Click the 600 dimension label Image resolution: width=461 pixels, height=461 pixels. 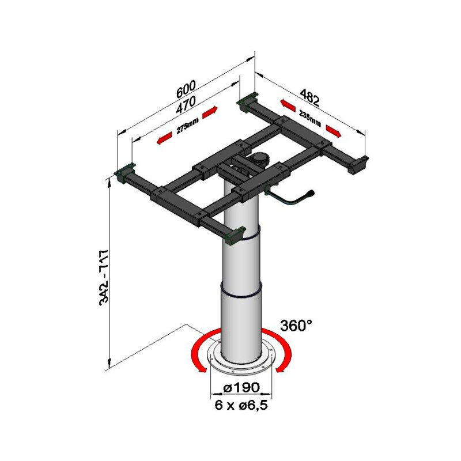tap(186, 89)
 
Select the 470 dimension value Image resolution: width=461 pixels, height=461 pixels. tap(186, 105)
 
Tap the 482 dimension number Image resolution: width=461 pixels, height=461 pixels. tap(309, 97)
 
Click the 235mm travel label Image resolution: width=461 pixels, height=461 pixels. tap(310, 118)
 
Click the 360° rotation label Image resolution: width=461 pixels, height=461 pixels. tap(296, 326)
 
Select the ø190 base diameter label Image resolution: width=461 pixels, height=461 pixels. tap(241, 387)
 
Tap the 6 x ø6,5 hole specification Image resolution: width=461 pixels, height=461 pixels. tap(241, 406)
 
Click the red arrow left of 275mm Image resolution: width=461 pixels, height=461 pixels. tap(164, 138)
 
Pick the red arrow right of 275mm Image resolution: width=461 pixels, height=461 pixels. tap(210, 111)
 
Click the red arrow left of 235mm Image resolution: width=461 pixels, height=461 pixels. tap(287, 105)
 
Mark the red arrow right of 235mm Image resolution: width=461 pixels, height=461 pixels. tap(334, 131)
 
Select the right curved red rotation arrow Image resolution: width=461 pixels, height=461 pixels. tap(277, 350)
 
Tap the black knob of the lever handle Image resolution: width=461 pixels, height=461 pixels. tap(310, 194)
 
